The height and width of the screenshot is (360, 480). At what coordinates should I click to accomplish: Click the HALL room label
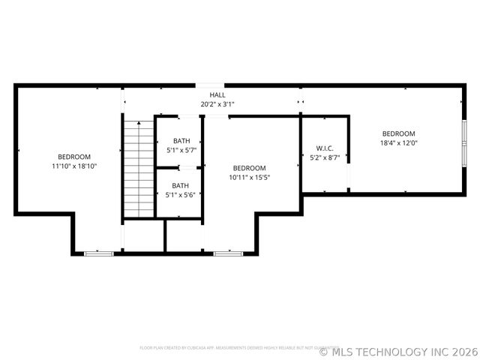click(217, 95)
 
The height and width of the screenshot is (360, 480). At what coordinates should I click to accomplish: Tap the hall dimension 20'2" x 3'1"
click(217, 104)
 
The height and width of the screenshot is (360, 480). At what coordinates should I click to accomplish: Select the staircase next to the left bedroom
click(139, 169)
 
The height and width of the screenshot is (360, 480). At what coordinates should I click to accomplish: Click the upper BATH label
click(181, 141)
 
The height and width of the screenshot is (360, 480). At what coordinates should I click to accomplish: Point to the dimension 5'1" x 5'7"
click(181, 150)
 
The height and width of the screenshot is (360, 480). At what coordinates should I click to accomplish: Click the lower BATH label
click(181, 186)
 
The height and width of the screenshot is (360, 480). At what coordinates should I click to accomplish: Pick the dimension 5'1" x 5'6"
click(181, 195)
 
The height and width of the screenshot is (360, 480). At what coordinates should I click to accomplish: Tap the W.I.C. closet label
click(325, 148)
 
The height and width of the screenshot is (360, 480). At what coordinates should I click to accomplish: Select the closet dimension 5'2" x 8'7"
click(325, 157)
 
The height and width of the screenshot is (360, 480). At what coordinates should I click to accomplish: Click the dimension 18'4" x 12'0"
click(399, 142)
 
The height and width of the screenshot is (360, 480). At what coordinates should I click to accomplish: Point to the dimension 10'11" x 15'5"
click(249, 177)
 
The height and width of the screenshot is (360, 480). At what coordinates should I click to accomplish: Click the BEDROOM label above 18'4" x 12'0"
click(399, 133)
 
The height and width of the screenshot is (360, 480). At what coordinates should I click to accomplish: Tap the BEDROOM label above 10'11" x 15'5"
click(249, 168)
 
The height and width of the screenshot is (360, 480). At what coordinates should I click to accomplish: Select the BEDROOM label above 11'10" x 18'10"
click(74, 156)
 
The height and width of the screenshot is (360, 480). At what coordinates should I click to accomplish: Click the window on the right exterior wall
click(463, 142)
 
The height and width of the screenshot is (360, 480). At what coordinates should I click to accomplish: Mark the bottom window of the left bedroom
click(98, 253)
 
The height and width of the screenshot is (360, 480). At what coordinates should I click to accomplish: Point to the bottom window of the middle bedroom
click(228, 253)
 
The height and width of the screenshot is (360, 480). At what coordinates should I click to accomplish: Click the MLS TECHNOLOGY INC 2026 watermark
click(398, 351)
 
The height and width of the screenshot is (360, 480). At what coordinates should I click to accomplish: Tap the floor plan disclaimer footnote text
click(239, 348)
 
